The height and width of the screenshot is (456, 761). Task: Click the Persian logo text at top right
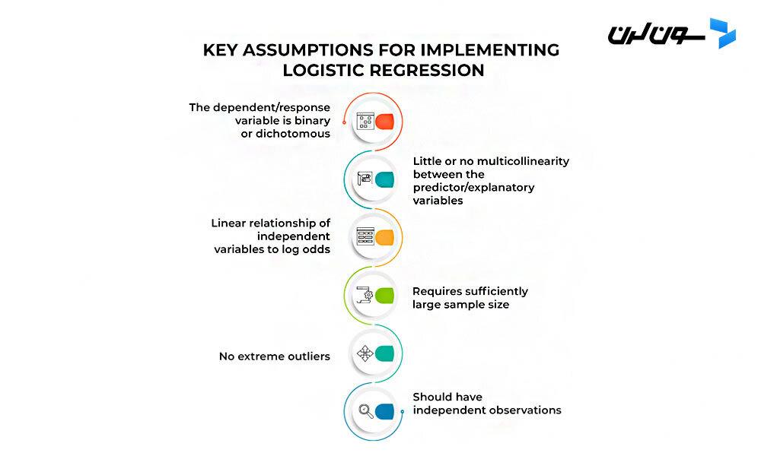[656, 34]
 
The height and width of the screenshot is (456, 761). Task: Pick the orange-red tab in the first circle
[385, 122]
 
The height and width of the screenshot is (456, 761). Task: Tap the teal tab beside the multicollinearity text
[385, 179]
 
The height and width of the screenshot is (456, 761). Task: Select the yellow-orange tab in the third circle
[385, 237]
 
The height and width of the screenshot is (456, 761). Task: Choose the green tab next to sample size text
[385, 296]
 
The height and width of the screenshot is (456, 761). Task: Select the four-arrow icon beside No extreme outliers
[365, 353]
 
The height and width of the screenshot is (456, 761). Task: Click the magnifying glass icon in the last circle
[365, 411]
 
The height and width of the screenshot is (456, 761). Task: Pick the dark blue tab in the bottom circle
[385, 411]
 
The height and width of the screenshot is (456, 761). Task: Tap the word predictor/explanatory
[474, 188]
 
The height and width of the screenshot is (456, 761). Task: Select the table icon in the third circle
[365, 237]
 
